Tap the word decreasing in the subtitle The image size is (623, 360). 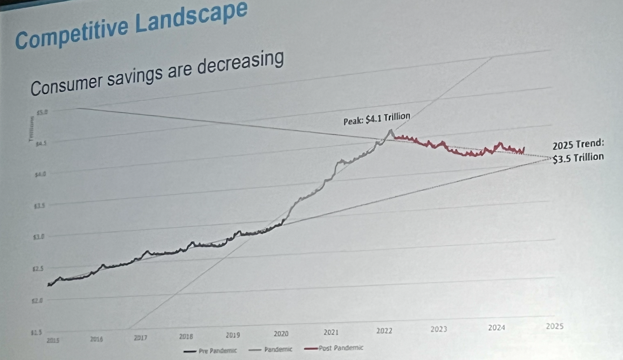point(240,64)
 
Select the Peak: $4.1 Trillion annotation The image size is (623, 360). point(377,119)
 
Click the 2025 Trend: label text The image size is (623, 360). point(578,145)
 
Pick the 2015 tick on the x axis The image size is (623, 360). point(53,340)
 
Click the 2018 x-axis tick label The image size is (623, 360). point(186,336)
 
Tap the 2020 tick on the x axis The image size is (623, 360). point(281,334)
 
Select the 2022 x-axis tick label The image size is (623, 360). point(384,331)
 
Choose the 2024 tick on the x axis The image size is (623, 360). point(496,328)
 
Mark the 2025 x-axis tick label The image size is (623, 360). point(554,326)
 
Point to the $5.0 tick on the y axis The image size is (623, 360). point(42,112)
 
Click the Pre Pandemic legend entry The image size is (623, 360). point(210,351)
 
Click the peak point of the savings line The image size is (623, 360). point(391,130)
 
